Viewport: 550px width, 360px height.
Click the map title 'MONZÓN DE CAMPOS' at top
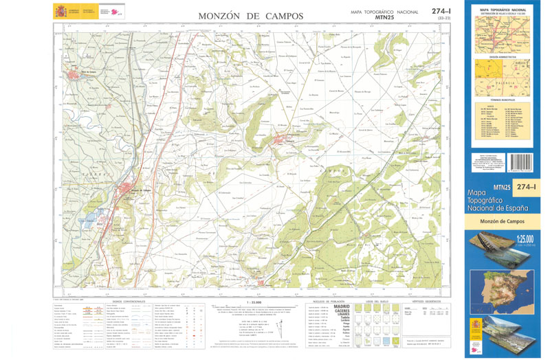point(250,15)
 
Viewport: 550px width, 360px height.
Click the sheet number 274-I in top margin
point(441,10)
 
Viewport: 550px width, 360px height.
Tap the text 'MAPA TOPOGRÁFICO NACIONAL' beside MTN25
point(385,12)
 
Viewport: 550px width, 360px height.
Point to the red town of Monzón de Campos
point(131,191)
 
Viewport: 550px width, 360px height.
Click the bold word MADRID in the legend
point(342,307)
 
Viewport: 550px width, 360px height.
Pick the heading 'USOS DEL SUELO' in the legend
point(377,302)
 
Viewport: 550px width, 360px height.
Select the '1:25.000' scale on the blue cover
point(525,239)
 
